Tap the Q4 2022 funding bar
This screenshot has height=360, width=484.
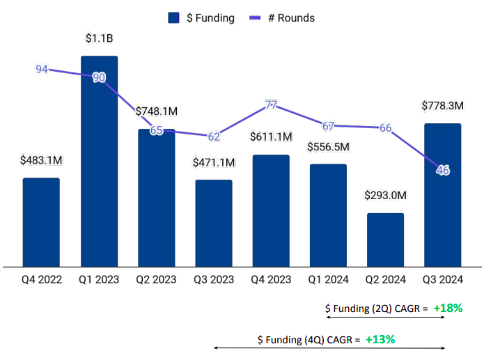point(41,221)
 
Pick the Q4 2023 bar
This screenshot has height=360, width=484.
point(271,210)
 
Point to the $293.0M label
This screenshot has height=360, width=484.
point(385,196)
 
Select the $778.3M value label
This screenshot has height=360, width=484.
point(442,106)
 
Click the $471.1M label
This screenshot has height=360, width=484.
point(214,162)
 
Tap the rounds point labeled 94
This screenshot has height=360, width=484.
point(42,69)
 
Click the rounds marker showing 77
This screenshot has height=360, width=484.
point(271,105)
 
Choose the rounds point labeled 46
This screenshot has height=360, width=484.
point(442,170)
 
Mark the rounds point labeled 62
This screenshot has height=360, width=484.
point(214,136)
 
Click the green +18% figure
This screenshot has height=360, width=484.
point(448,308)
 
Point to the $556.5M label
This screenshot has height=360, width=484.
point(328,147)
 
